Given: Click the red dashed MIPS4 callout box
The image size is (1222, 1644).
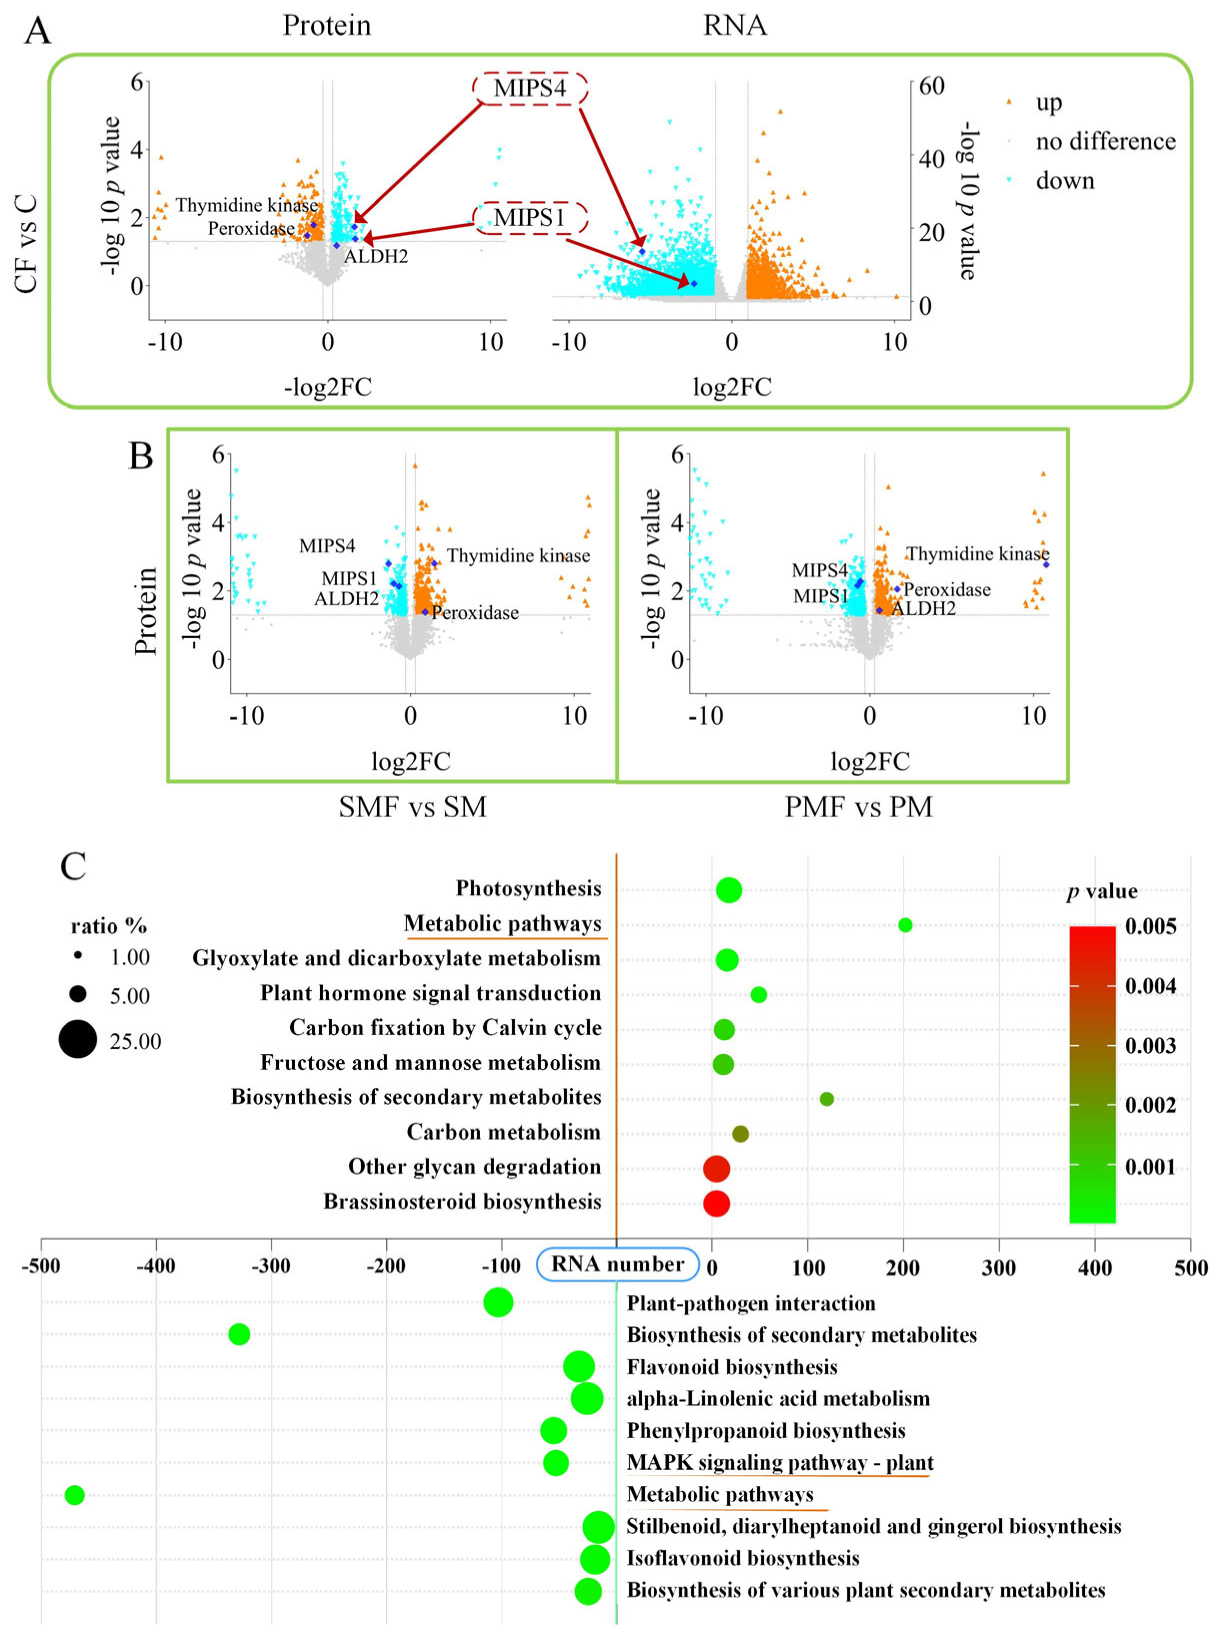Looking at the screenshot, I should [x=530, y=89].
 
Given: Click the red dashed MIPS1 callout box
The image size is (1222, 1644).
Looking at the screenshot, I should [x=530, y=218].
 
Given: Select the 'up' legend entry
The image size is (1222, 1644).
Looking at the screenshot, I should [x=1048, y=102].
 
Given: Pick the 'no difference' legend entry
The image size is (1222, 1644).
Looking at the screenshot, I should [x=1105, y=141].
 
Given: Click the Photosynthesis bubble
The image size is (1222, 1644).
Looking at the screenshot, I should [x=729, y=890].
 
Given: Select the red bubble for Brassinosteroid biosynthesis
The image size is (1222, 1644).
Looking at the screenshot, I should [x=716, y=1203].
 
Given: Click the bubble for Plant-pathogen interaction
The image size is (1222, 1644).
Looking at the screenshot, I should [x=499, y=1302].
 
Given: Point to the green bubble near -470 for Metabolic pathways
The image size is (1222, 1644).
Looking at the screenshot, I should [x=75, y=1494].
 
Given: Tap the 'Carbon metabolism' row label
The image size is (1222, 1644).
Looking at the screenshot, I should [x=504, y=1132].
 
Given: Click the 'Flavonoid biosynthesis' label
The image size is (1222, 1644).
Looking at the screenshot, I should [x=732, y=1367].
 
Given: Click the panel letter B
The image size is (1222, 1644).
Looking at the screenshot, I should [x=141, y=456].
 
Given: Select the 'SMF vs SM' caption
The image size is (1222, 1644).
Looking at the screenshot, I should [x=413, y=806].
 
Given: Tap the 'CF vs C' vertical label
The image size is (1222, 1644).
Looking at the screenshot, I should [x=27, y=244].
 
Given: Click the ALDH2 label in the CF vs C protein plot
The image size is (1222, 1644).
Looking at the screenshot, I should [x=376, y=257].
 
